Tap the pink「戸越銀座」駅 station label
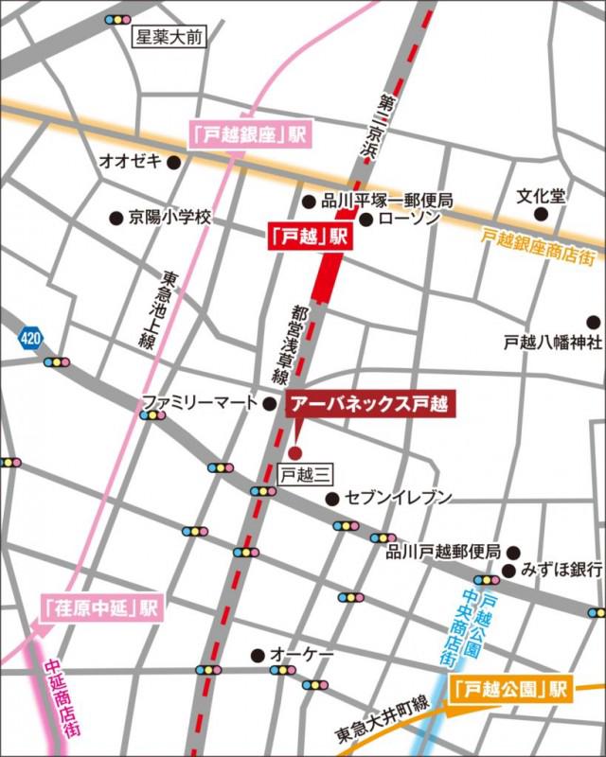click(251, 133)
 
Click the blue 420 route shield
click(29, 336)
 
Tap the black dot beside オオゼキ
click(173, 162)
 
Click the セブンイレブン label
click(398, 498)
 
